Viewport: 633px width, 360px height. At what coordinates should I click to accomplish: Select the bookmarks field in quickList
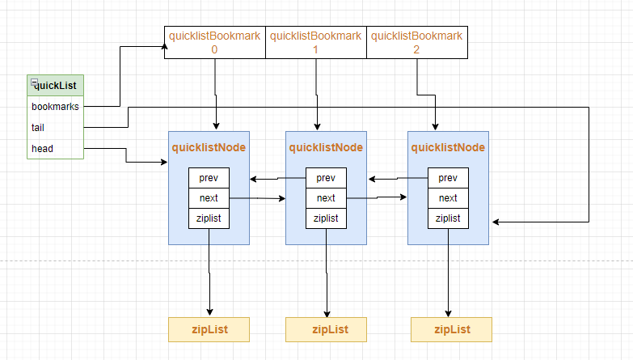coord(55,106)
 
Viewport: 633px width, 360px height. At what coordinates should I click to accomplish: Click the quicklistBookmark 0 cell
coord(215,42)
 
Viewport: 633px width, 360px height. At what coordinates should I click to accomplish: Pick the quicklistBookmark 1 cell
coord(316,42)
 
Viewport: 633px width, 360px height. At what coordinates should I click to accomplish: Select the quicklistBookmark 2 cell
coord(416,42)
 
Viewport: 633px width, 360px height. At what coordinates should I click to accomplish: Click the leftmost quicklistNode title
coord(209,147)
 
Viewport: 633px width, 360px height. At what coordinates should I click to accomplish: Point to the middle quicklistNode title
coord(326,147)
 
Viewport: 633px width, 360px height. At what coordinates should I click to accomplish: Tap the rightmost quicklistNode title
coord(448,147)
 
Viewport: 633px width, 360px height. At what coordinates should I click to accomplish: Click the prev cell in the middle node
coord(326,178)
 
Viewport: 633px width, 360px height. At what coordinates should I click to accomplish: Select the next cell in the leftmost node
coord(209,198)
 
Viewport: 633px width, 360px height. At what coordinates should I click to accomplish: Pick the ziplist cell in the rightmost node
coord(448,218)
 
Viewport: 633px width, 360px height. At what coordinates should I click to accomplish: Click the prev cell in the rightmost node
coord(448,178)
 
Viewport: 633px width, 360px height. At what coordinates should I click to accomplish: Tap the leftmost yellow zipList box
coord(209,329)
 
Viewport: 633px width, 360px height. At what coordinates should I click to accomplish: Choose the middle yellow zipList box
coord(326,329)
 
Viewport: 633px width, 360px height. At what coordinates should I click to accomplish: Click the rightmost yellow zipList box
coord(451,329)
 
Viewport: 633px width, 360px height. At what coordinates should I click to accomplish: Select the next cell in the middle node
coord(326,198)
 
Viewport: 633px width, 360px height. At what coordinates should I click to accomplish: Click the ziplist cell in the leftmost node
coord(209,218)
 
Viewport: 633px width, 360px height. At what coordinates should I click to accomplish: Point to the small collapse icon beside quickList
coord(34,83)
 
